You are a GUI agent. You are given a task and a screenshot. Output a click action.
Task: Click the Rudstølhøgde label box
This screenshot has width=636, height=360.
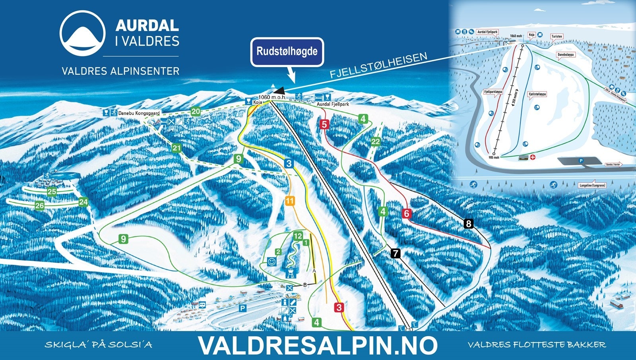[x=287, y=52]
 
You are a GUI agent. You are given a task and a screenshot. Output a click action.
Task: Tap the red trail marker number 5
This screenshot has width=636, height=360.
[x=324, y=125]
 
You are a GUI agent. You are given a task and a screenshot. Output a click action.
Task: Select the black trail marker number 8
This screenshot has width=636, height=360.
[x=468, y=224]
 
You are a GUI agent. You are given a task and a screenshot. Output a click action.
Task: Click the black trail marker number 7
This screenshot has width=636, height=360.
[x=396, y=253]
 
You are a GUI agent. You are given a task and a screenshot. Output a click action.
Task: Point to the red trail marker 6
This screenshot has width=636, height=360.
[x=406, y=214]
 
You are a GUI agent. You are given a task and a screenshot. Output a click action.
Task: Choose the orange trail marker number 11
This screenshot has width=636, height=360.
[x=289, y=201]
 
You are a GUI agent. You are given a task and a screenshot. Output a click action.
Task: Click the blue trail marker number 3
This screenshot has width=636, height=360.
[x=289, y=163]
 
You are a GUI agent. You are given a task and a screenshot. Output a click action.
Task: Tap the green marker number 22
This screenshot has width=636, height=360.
[x=375, y=141]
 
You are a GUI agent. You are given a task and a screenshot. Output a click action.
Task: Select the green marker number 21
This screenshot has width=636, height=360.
[x=176, y=148]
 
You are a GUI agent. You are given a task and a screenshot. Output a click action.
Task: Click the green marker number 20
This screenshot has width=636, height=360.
[x=196, y=112]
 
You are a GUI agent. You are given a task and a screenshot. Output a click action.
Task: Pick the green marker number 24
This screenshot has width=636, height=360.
[x=83, y=202]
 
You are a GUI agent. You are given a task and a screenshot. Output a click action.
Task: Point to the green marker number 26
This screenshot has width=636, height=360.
[x=39, y=205]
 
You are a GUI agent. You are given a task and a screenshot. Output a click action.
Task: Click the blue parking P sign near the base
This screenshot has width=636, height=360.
[x=242, y=308]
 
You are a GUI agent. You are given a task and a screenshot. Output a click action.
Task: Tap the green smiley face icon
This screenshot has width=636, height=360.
[x=271, y=262]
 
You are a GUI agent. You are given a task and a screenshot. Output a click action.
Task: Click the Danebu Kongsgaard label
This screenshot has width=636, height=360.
[x=139, y=113]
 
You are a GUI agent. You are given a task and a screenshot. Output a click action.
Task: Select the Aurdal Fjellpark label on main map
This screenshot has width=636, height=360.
[x=333, y=104]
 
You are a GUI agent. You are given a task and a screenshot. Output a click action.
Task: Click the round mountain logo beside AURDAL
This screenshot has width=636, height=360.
[x=82, y=33]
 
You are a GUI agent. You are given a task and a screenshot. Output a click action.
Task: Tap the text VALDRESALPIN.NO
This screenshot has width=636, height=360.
[x=318, y=345]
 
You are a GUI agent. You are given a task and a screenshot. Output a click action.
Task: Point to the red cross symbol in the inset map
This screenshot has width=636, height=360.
[x=533, y=157]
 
